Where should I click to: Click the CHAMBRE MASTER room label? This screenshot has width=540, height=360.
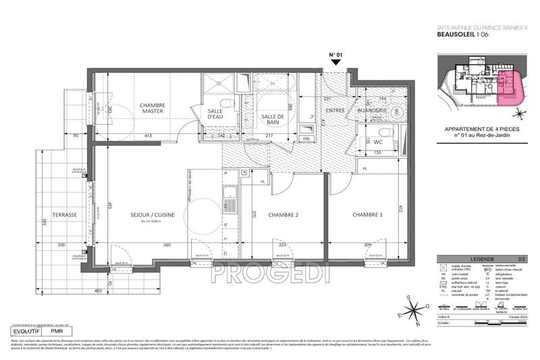tap(155, 109)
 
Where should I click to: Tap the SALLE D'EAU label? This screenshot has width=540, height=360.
tap(215, 114)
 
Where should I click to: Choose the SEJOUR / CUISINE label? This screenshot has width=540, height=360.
tap(153, 215)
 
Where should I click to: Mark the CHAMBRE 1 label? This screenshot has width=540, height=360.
tap(367, 215)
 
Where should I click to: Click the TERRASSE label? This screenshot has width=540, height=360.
tap(66, 215)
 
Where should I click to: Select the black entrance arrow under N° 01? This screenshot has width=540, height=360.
tap(336, 62)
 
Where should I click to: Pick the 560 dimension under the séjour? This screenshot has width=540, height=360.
tap(165, 245)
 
